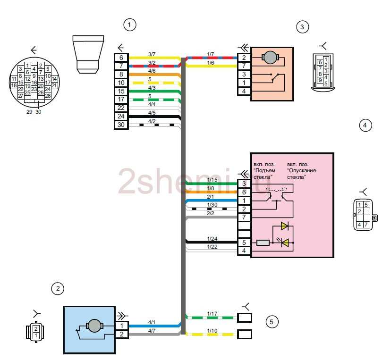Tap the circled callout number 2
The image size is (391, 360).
click(x=58, y=288)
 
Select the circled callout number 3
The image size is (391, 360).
click(x=302, y=26)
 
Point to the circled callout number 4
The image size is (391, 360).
click(x=365, y=126)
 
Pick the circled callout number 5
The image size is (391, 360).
click(x=271, y=322)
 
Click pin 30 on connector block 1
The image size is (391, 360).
click(x=121, y=125)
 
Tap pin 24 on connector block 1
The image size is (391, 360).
click(x=121, y=117)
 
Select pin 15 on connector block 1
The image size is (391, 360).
click(x=121, y=91)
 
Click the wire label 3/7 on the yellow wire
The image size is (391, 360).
click(x=152, y=54)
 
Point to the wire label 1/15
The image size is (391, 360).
click(x=212, y=180)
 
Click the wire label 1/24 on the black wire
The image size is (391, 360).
click(x=212, y=238)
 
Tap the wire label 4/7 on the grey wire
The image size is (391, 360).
click(x=152, y=330)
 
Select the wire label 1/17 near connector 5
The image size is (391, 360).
click(x=212, y=314)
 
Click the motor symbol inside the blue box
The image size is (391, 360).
click(x=94, y=325)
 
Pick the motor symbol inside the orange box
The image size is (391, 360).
click(x=271, y=58)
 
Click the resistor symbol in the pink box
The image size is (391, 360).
click(x=263, y=243)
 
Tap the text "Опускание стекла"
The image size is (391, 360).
click(x=301, y=174)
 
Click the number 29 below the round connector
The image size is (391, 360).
click(x=29, y=112)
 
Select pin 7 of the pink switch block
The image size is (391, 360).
click(x=244, y=217)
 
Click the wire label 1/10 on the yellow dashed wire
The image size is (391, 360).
click(x=212, y=331)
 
